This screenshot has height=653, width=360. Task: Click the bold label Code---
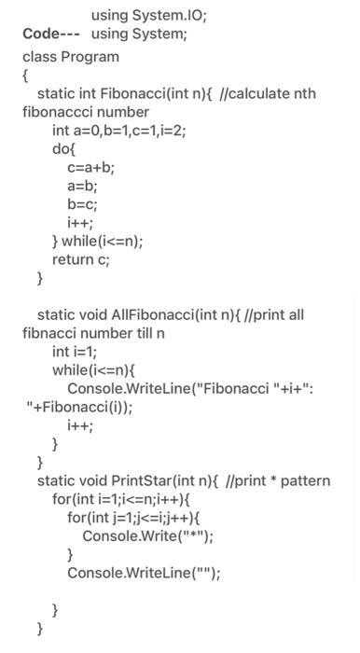pyautogui.click(x=51, y=35)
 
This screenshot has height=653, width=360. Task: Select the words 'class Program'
pyautogui.click(x=71, y=57)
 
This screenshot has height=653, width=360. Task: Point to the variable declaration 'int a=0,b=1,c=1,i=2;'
pyautogui.click(x=119, y=131)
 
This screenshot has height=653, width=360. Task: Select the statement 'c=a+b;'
pyautogui.click(x=90, y=168)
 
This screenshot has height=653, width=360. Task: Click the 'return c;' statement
pyautogui.click(x=81, y=259)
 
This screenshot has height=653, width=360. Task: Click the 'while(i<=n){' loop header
pyautogui.click(x=92, y=370)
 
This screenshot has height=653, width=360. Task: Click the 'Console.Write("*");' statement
pyautogui.click(x=147, y=536)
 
